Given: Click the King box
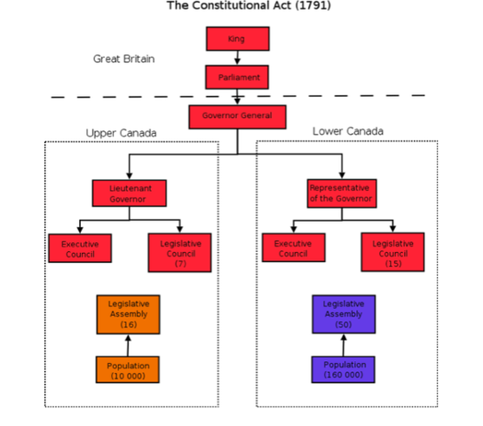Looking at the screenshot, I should click(237, 39).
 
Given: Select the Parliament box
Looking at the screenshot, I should click(237, 77).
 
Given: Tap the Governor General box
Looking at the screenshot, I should click(237, 116).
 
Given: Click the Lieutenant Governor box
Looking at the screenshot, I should click(130, 193).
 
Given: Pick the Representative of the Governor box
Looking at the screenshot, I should click(343, 193).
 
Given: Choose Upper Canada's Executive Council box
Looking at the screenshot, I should click(80, 248).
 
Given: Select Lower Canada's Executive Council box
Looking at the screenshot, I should click(293, 248).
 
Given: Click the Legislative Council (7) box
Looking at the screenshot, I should click(180, 252).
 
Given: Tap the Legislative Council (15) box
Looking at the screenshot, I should click(392, 252).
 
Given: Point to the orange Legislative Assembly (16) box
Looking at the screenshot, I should click(129, 313).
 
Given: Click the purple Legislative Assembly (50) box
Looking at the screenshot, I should click(344, 313).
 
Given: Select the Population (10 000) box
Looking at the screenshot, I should click(129, 369).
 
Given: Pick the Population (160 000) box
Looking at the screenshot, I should click(344, 369).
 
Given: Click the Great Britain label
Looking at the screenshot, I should click(123, 59).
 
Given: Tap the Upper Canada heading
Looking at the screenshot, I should click(121, 133).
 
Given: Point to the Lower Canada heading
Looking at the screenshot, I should click(348, 131).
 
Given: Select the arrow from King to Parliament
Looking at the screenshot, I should click(237, 58).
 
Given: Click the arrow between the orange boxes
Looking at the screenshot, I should click(129, 344).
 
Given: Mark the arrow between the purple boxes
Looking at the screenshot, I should click(344, 344).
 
